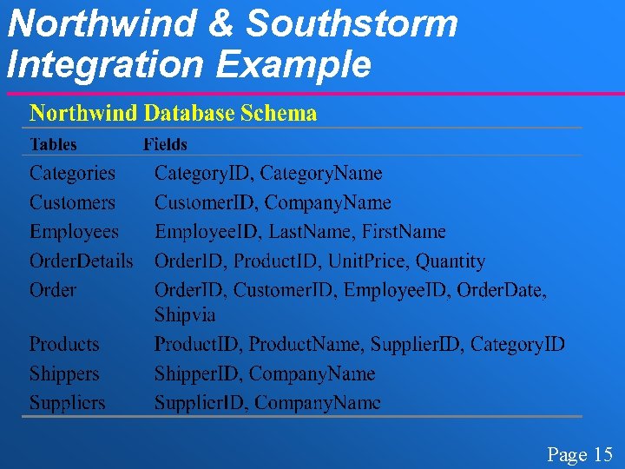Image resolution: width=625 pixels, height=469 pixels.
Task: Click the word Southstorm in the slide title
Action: [x=352, y=23]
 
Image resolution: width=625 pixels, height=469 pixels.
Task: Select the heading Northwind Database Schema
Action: [x=174, y=113]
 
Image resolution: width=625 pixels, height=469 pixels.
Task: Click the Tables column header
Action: [x=53, y=144]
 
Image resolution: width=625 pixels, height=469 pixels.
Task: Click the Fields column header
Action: [x=165, y=144]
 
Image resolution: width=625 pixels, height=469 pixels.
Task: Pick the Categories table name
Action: [x=72, y=173]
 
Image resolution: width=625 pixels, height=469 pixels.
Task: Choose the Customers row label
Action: [x=72, y=202]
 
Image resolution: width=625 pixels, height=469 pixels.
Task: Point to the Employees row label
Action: [x=74, y=232]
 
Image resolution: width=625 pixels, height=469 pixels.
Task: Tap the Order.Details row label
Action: [x=82, y=261]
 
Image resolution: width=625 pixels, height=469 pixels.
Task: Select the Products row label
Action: [x=64, y=344]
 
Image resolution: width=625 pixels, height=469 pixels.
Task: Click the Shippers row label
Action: [x=64, y=374]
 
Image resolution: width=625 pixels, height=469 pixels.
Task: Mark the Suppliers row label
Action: [x=67, y=403]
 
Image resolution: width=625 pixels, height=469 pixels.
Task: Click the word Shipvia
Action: [x=185, y=314]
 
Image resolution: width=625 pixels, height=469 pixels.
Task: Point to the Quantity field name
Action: [x=451, y=261]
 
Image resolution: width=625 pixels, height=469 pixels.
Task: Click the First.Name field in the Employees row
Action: [x=404, y=232]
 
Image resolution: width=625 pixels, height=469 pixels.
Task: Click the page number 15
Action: [x=602, y=454]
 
